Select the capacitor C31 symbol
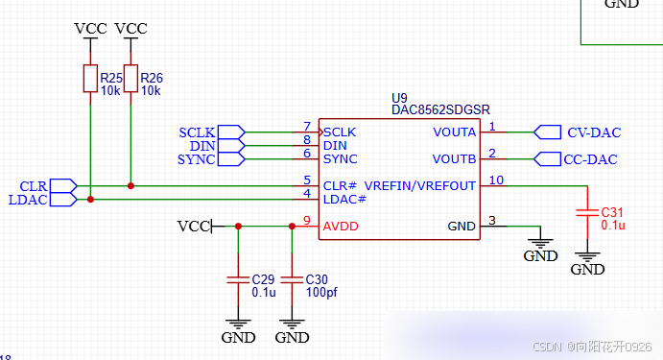tap(587, 214)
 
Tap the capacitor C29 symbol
tap(238, 279)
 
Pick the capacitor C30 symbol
tap(292, 279)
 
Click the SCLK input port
tap(230, 132)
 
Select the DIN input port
tap(230, 145)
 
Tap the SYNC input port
tap(230, 158)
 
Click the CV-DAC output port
tap(546, 132)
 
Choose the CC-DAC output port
tap(546, 158)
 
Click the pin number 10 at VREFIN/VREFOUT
tap(495, 180)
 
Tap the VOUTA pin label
tap(454, 132)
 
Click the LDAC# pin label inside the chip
tap(345, 199)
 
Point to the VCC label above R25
tap(90, 29)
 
